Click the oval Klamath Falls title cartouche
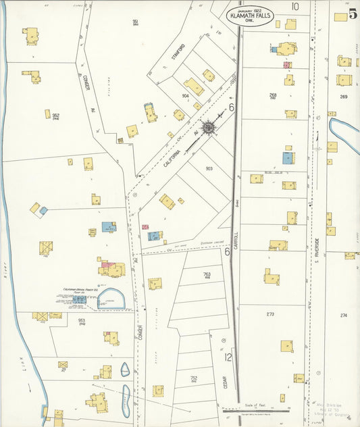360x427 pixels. pyautogui.click(x=251, y=17)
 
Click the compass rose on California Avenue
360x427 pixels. pyautogui.click(x=209, y=128)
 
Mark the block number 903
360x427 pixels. pyautogui.click(x=209, y=168)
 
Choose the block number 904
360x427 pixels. pyautogui.click(x=185, y=96)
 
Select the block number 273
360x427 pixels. pyautogui.click(x=270, y=314)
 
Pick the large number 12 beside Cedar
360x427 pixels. pyautogui.click(x=229, y=357)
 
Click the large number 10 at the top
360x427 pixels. pyautogui.click(x=295, y=6)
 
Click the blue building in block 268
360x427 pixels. pyautogui.click(x=288, y=157)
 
